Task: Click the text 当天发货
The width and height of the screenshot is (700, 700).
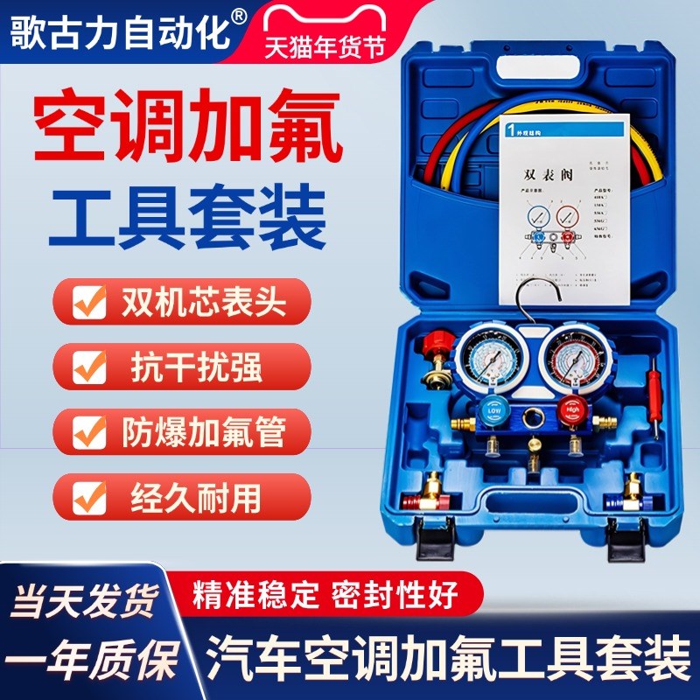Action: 83,599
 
